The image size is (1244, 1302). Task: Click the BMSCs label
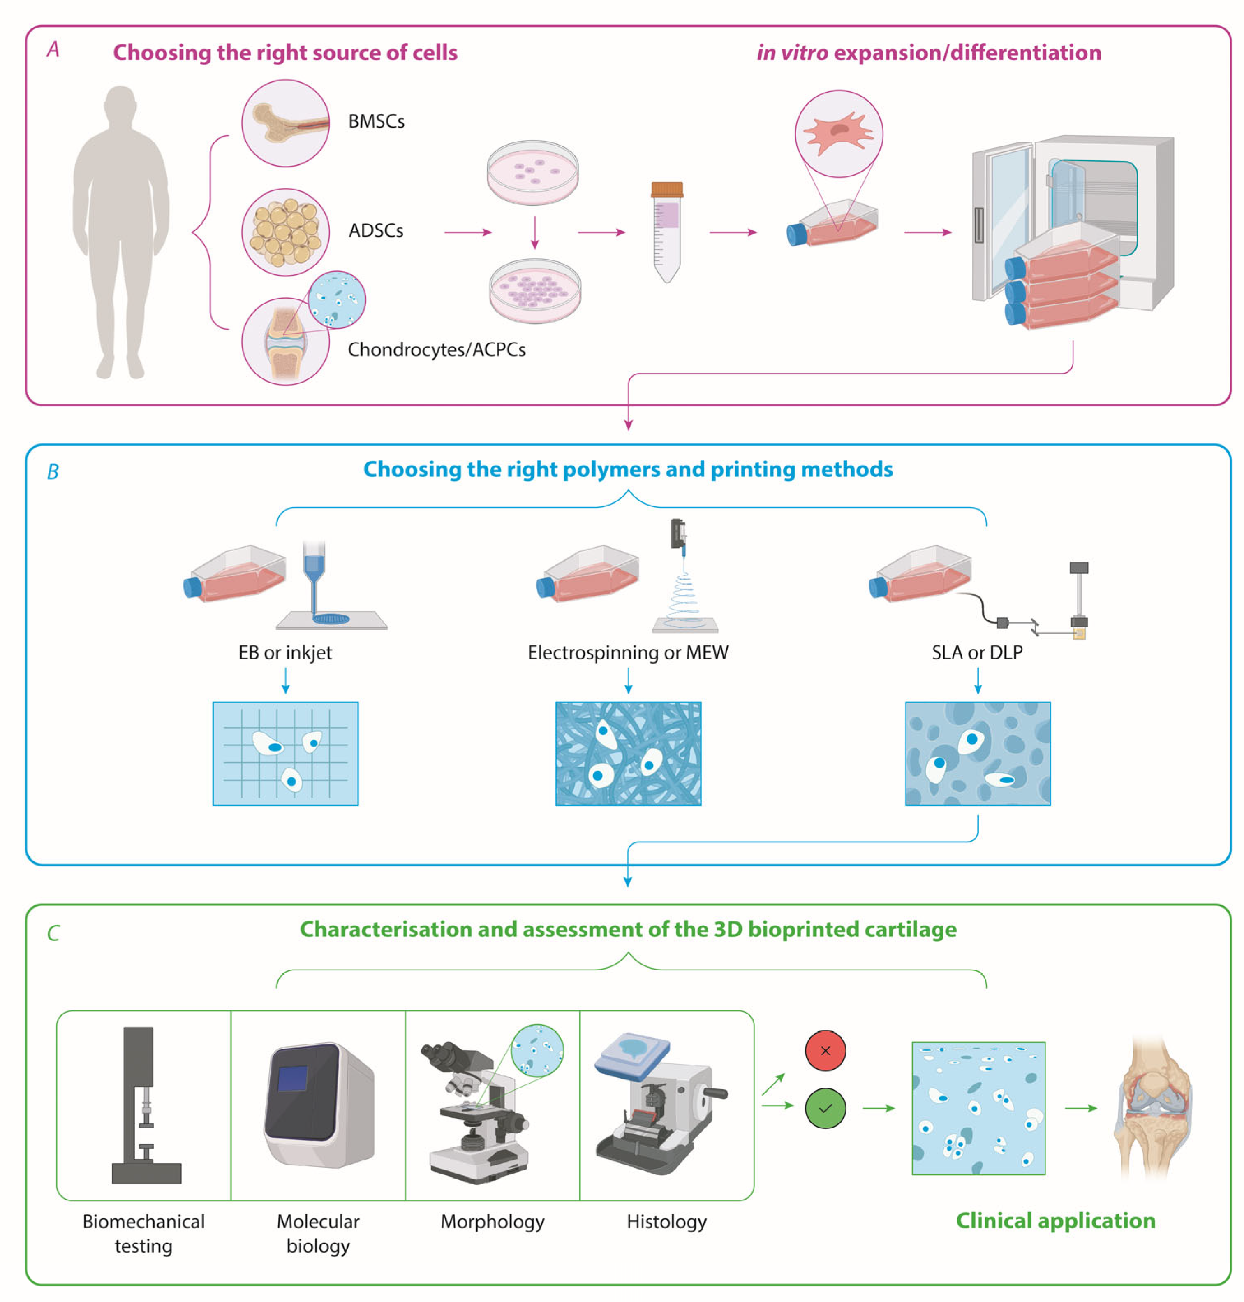point(376,121)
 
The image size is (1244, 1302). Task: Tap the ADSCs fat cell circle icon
point(285,232)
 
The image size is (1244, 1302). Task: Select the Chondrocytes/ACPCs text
point(436,350)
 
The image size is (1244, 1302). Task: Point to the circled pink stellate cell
point(838,133)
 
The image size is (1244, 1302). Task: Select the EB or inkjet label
point(285,652)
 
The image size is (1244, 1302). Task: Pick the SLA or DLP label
point(977,652)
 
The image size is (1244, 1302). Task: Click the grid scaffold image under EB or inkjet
point(285,753)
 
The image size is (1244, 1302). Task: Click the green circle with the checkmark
point(825,1107)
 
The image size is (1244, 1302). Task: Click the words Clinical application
point(1055,1221)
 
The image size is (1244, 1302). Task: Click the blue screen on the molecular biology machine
point(292,1078)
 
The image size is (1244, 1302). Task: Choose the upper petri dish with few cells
point(532,171)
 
